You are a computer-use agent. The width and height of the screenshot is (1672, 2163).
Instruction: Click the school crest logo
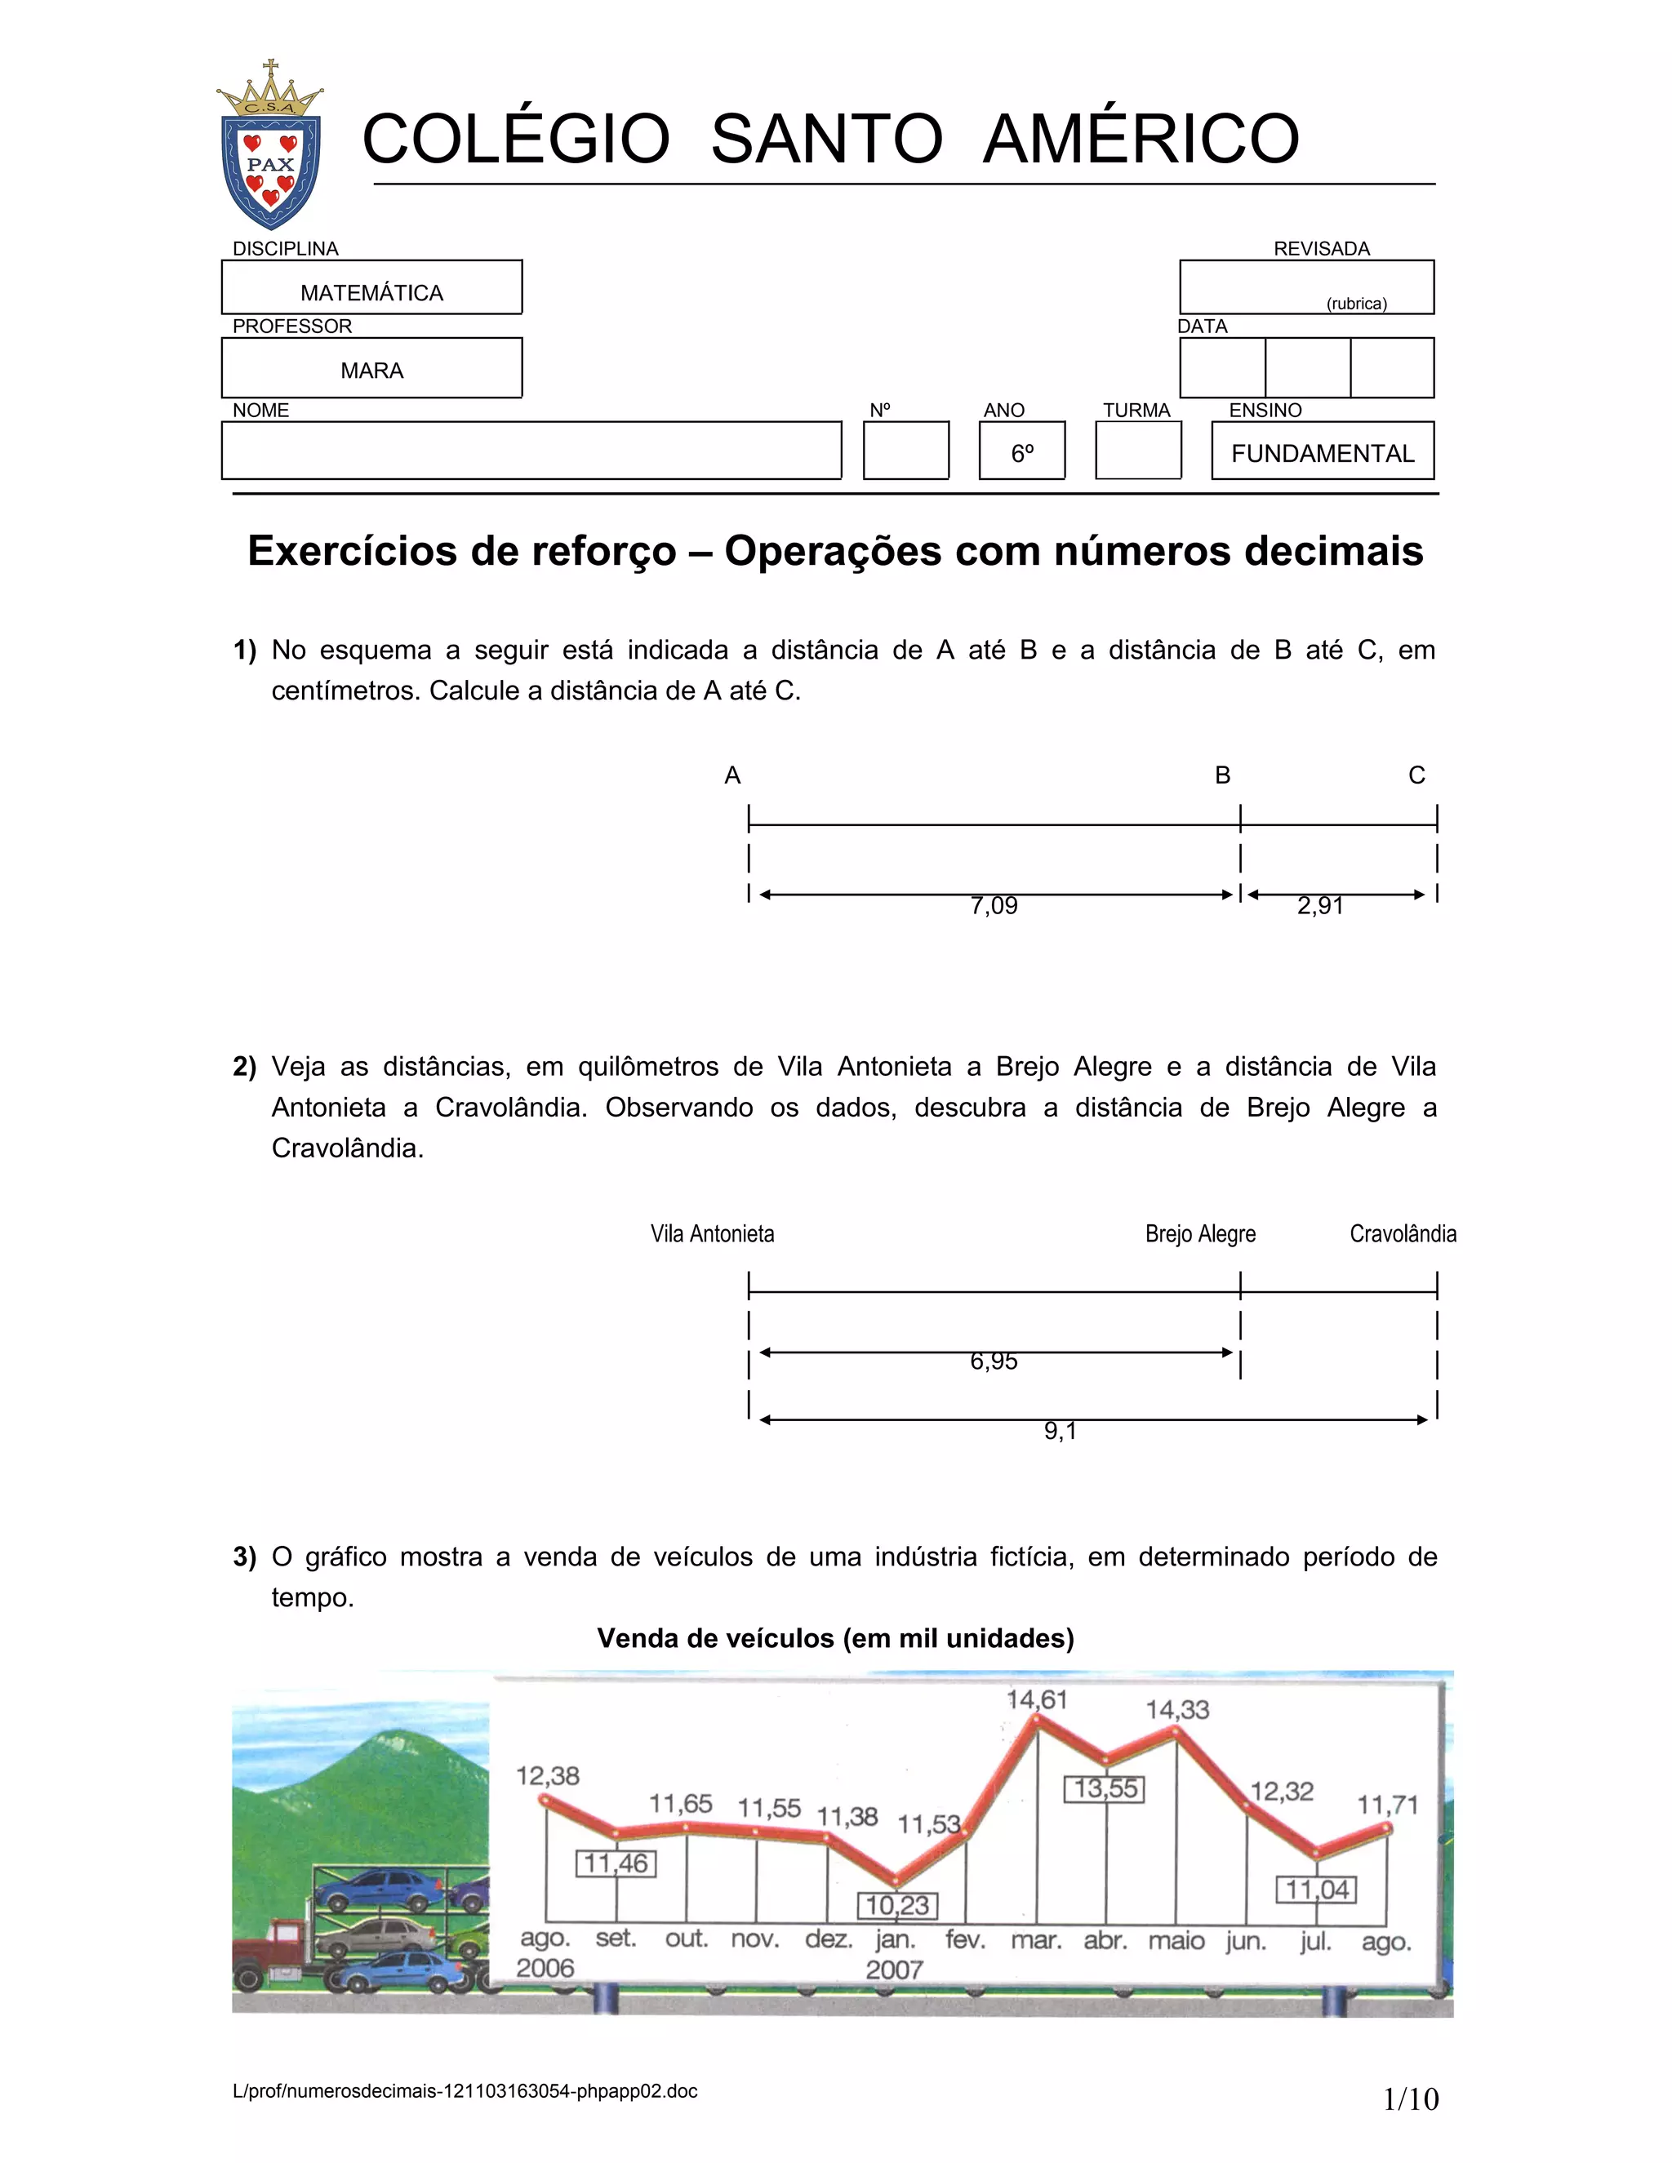point(270,147)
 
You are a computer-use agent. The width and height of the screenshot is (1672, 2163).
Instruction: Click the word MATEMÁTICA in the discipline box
point(371,293)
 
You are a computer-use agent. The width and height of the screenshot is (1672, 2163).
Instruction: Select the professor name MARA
point(371,371)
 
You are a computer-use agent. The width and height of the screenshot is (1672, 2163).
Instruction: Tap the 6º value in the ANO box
point(1022,453)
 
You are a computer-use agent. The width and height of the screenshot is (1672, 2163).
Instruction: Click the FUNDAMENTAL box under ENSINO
point(1323,453)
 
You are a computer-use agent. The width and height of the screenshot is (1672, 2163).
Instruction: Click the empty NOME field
point(531,451)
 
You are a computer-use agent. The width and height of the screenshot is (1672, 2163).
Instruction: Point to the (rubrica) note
point(1356,304)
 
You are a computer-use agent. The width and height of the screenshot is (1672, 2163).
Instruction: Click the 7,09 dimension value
point(994,905)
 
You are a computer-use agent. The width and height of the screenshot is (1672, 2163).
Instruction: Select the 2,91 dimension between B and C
point(1320,905)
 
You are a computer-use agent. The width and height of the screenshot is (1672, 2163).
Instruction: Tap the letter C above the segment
point(1416,775)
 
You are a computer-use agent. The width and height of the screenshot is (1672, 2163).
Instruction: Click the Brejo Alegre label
point(1199,1234)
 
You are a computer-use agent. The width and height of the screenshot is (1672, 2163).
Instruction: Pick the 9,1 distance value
point(1060,1431)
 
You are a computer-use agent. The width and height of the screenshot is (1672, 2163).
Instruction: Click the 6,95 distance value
point(994,1361)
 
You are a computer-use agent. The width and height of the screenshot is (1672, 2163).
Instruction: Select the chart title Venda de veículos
point(835,1638)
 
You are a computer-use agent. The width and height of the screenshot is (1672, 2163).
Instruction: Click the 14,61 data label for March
point(1036,1699)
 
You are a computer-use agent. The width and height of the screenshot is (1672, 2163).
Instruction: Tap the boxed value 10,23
point(896,1904)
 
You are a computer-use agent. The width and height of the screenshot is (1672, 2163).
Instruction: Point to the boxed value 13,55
point(1105,1788)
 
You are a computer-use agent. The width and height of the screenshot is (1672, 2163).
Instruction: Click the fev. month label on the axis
point(965,1939)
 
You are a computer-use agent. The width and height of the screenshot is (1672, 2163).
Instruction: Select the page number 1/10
point(1411,2098)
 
